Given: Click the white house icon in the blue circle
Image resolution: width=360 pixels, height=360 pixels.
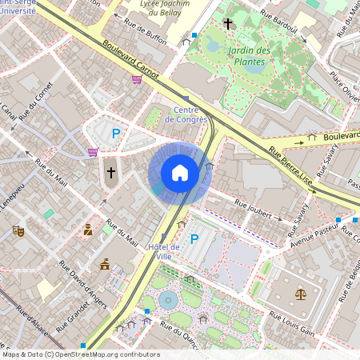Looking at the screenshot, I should pyautogui.click(x=180, y=172).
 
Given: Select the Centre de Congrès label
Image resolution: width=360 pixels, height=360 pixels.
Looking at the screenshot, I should pyautogui.click(x=186, y=114).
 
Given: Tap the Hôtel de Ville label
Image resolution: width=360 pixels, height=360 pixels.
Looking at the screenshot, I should pyautogui.click(x=164, y=251).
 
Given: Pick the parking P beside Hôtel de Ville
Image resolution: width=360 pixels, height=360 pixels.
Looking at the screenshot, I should pyautogui.click(x=194, y=238).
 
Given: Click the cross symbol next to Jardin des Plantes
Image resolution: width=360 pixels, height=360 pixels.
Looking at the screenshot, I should pyautogui.click(x=228, y=24).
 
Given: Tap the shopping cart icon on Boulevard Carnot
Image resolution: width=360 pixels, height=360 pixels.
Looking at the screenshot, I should pyautogui.click(x=137, y=78).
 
